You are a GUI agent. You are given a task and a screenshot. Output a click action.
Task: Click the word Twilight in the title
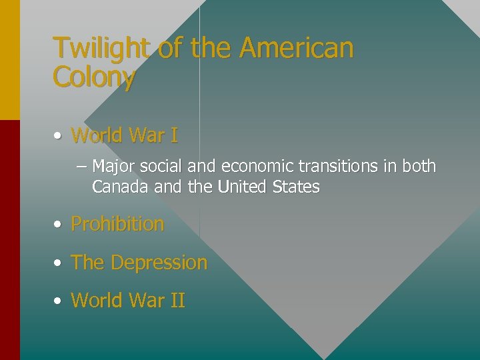102,49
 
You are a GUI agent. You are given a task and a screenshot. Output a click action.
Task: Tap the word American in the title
296,49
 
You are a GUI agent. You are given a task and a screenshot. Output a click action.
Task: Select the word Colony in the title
94,78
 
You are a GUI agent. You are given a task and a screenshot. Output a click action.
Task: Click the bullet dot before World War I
59,136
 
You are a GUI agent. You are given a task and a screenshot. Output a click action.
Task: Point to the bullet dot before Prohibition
59,225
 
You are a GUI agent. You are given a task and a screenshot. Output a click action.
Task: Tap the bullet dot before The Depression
59,263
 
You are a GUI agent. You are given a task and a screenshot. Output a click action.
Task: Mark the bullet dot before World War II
59,301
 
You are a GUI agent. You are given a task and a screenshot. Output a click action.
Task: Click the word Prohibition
117,224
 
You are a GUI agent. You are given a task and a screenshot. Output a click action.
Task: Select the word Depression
159,263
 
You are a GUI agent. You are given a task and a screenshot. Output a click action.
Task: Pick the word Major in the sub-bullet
113,166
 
